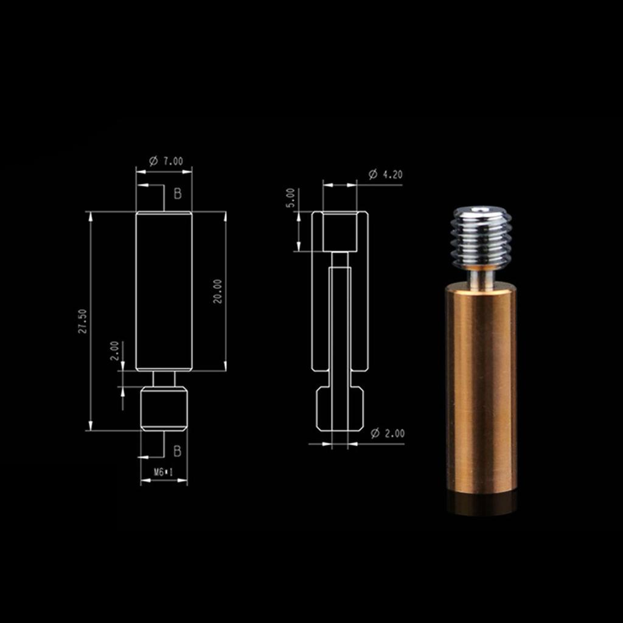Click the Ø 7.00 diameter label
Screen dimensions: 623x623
point(166,161)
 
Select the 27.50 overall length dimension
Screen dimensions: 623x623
point(83,321)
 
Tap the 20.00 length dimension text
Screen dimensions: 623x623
point(217,291)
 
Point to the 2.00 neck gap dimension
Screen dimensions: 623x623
point(114,350)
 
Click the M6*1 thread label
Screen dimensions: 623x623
point(164,472)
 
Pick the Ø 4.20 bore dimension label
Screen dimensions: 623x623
point(385,174)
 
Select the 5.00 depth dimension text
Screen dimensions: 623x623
point(291,198)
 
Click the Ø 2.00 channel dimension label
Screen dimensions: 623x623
point(388,433)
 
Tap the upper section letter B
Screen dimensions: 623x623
point(178,193)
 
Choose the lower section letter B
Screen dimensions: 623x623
point(177,451)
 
